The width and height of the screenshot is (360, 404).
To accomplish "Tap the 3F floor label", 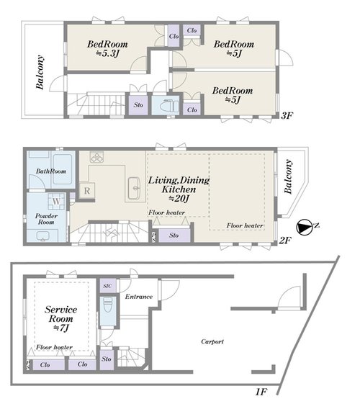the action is coord(287,116).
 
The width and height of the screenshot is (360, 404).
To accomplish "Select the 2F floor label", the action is coord(286,241).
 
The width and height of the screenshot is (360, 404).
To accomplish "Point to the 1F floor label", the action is coord(261,392).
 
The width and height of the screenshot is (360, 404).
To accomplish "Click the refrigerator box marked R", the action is coord(87,191).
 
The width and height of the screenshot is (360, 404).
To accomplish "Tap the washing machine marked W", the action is coord(56,201).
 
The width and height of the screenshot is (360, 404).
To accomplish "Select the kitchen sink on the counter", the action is coord(134,188).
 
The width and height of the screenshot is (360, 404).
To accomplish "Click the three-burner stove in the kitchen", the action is coord(96,157).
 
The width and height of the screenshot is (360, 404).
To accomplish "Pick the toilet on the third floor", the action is coord(169,105).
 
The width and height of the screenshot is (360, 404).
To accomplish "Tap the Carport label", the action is coord(212,341).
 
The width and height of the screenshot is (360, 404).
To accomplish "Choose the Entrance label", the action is coord(139,297).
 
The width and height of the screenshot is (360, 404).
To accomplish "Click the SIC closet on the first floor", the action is coord(108,286).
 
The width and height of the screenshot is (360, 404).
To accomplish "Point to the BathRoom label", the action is coord(51,171).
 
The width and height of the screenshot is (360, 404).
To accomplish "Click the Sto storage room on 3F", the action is coord(138,105).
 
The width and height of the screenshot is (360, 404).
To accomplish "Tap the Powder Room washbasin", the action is coord(43,236).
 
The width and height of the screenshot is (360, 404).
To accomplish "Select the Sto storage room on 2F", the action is coord(174,235).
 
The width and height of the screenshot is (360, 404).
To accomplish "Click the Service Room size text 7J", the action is coord(61,328).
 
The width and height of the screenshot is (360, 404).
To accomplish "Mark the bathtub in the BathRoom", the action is coord(63,169).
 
